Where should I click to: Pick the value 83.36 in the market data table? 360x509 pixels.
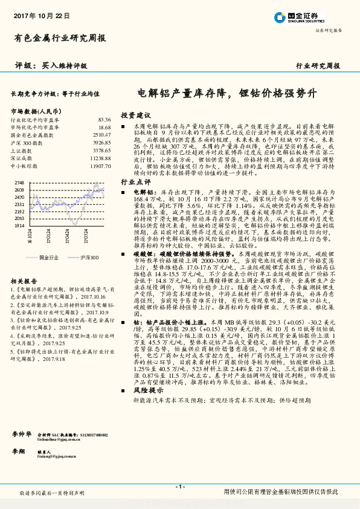104,120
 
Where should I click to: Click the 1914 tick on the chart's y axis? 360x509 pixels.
19,225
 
